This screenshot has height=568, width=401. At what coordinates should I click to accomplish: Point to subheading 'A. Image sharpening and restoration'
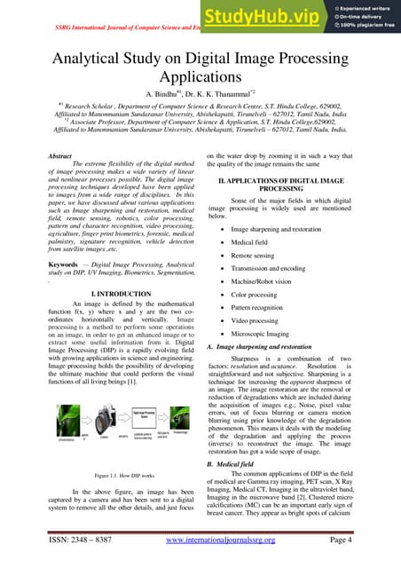[258, 346]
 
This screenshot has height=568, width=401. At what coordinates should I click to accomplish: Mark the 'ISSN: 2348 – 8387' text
[83, 540]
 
